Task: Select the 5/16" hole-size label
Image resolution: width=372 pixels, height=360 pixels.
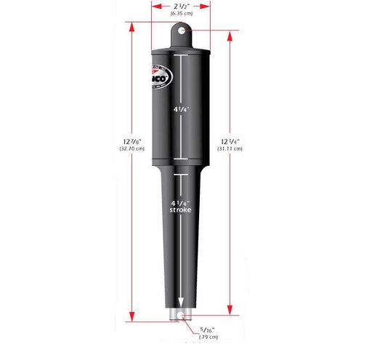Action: [x=209, y=329]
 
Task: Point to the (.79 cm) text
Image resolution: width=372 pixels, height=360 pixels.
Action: [x=209, y=337]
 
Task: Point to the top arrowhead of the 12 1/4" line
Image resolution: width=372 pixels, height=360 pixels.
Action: [x=230, y=33]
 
